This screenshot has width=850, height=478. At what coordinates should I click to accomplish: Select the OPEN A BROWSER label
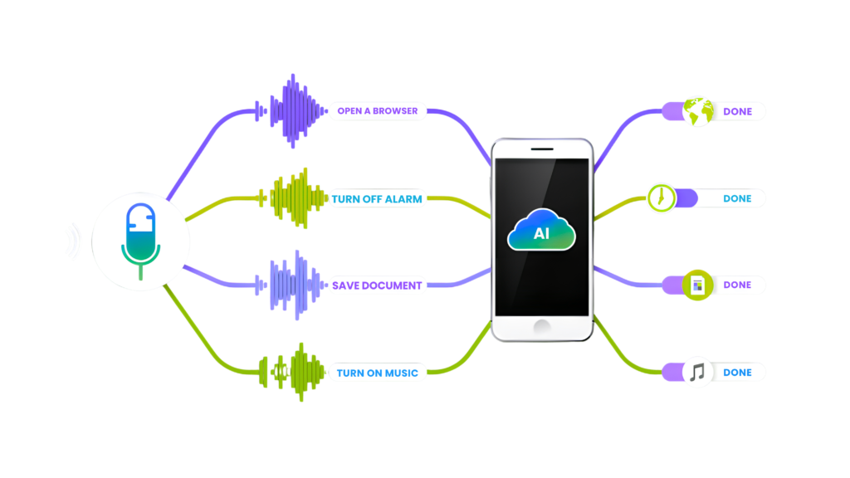click(377, 111)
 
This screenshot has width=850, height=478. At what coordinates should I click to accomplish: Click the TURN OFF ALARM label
click(377, 199)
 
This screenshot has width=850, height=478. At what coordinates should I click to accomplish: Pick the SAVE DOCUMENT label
click(377, 285)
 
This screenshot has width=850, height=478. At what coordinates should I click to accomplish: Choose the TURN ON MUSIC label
click(377, 373)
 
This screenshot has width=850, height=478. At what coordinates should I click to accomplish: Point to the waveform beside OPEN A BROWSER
click(291, 110)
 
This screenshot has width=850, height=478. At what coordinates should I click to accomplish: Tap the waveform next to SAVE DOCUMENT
click(292, 285)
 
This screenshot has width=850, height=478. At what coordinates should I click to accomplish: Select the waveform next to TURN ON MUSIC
click(292, 373)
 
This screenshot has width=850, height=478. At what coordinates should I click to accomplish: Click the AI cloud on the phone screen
click(541, 232)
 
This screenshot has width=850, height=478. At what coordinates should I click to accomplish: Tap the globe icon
click(697, 111)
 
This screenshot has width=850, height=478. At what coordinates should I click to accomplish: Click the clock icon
click(662, 198)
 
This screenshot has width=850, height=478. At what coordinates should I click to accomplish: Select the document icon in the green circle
click(697, 285)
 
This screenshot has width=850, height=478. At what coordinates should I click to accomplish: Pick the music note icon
click(697, 372)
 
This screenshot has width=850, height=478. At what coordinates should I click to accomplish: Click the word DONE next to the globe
click(737, 111)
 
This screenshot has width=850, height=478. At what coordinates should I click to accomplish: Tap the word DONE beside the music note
click(737, 373)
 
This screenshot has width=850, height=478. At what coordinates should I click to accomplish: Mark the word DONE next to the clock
click(737, 199)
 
